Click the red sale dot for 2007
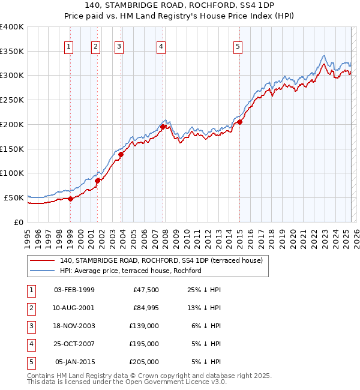coord(163,127)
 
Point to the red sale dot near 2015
coord(239,122)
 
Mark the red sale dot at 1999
coord(70,199)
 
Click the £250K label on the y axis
coord(12,100)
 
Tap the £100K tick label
coord(12,173)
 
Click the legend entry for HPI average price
coord(130,271)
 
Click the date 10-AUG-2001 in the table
coord(74,308)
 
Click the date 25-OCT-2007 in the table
coord(74,344)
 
